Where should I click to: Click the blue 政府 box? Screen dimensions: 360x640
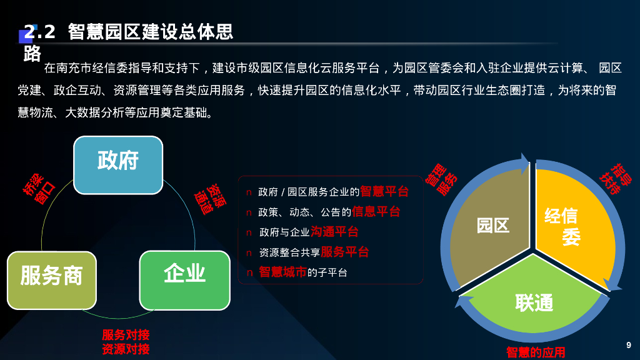coord(118,164)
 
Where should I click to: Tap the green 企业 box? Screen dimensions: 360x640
coord(184,279)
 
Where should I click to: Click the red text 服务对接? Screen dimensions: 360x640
coord(126,335)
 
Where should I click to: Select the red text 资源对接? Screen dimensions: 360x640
coord(126,349)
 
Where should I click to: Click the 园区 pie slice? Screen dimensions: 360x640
coord(491,225)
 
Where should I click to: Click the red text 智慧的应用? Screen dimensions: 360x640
coord(535,352)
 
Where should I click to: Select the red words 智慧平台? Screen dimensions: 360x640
coord(384,191)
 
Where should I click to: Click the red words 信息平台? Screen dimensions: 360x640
coord(376,212)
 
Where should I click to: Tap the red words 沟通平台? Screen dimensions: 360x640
coord(334,232)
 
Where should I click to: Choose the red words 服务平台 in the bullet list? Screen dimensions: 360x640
coord(344,252)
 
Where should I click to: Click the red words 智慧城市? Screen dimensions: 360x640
coord(282,272)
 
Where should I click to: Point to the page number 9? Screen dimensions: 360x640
coord(629,345)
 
